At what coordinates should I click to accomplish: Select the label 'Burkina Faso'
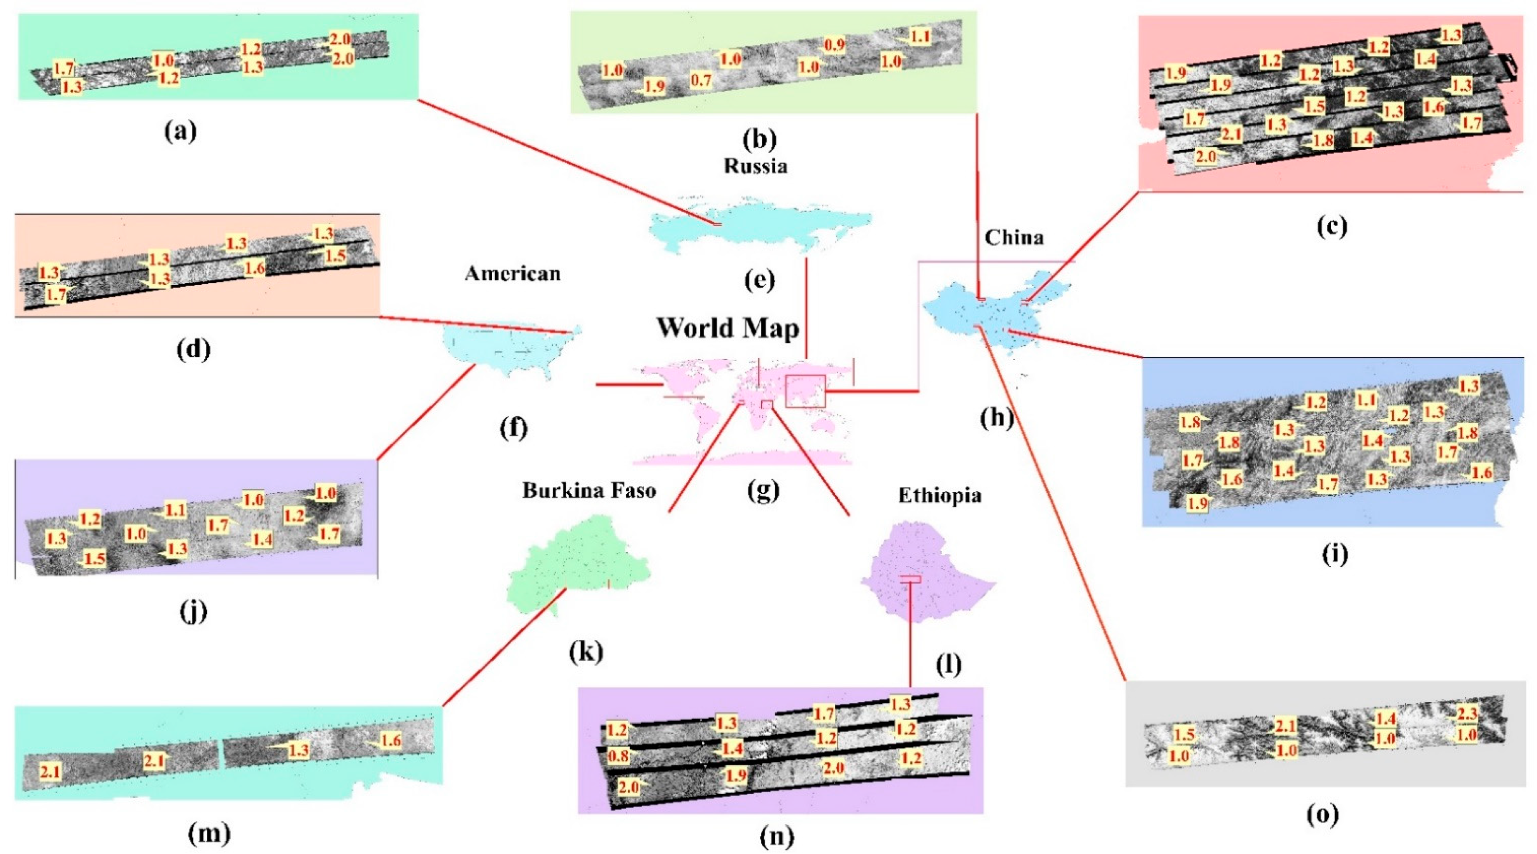tap(589, 491)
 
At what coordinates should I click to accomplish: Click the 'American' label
tap(513, 274)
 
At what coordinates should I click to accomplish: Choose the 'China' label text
tap(1014, 238)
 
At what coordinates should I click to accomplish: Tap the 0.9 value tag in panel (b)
tap(834, 45)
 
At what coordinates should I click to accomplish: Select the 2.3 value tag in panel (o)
tap(1467, 714)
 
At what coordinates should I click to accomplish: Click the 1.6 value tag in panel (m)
tap(391, 741)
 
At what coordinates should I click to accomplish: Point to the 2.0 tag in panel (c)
tap(1205, 156)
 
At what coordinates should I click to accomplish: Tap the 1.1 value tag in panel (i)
tap(1366, 400)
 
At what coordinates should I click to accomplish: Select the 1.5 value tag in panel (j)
tap(94, 559)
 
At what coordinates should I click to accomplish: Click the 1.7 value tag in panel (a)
tap(64, 67)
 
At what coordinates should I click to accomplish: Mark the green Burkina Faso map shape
tap(573, 567)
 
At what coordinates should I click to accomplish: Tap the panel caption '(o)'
tap(1322, 815)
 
